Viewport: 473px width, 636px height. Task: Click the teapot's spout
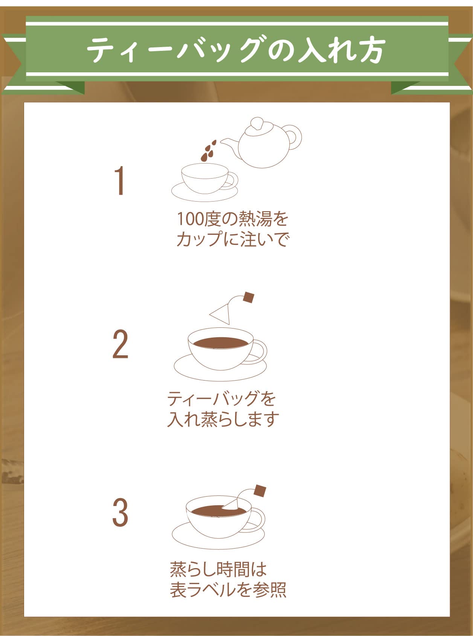click(x=229, y=144)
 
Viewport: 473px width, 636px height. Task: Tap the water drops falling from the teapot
click(x=208, y=150)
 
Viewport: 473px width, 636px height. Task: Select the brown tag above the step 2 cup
click(x=248, y=297)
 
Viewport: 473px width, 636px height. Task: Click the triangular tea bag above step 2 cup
click(x=223, y=314)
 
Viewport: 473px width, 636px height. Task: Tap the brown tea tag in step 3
click(x=260, y=491)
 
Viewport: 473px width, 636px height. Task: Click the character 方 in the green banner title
click(x=370, y=50)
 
